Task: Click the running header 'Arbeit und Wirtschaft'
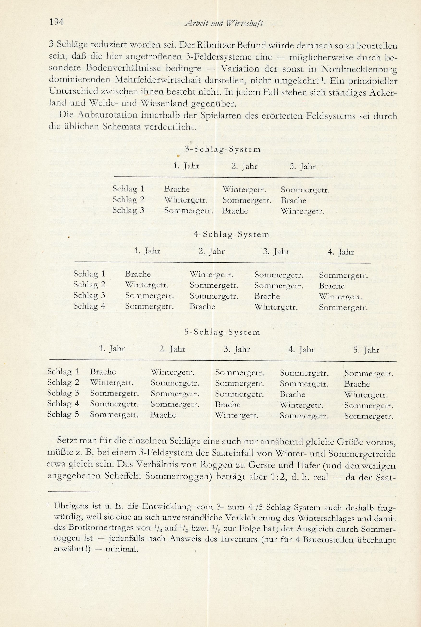click(x=224, y=24)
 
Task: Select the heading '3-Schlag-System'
click(x=223, y=149)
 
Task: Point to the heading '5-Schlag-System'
click(x=222, y=332)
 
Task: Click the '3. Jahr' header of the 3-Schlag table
click(x=303, y=167)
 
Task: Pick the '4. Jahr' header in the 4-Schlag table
click(x=341, y=252)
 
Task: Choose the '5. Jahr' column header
click(x=366, y=350)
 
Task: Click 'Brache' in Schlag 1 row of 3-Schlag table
click(x=177, y=189)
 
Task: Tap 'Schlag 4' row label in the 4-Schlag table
click(x=89, y=306)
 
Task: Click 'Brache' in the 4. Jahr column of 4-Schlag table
click(x=332, y=286)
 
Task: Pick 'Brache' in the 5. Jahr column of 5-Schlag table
click(x=357, y=384)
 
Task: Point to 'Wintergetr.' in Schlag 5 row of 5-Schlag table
click(x=237, y=416)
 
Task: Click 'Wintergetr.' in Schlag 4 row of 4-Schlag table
click(x=276, y=307)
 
